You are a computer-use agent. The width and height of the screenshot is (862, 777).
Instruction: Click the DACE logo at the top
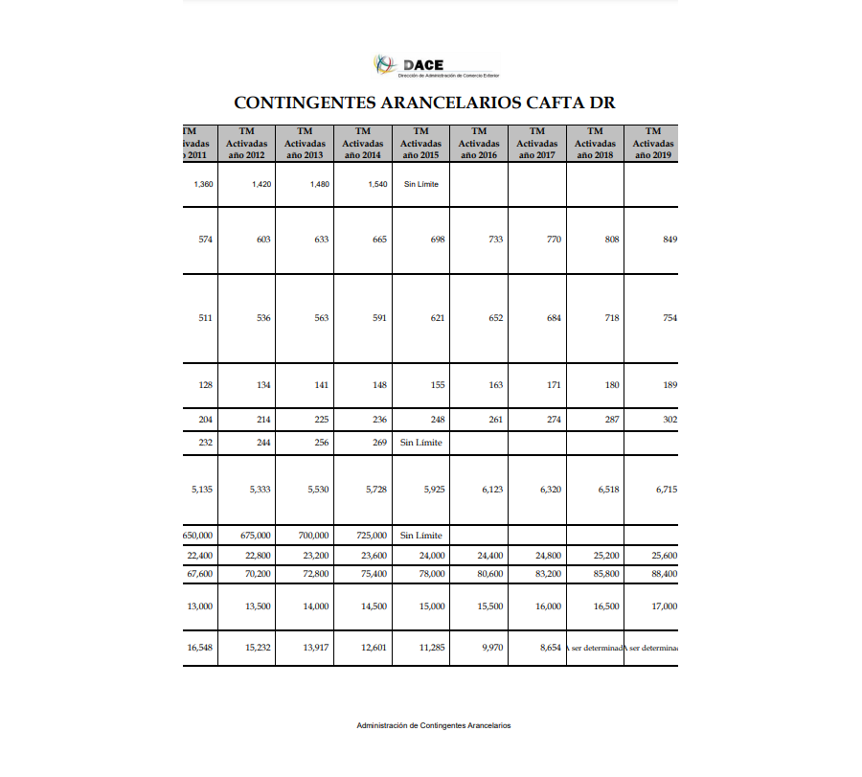click(436, 66)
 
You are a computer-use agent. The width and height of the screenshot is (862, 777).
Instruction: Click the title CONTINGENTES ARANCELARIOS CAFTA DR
click(424, 103)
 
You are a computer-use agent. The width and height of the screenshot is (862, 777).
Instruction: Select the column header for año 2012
click(246, 143)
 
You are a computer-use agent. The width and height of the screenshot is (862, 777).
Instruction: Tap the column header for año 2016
click(479, 143)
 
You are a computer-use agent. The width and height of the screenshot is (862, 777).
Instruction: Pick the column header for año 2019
click(653, 143)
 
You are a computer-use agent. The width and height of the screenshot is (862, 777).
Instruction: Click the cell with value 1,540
click(377, 184)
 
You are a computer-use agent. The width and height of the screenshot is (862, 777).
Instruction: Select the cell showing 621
click(436, 318)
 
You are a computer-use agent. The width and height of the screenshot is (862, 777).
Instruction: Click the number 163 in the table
click(495, 385)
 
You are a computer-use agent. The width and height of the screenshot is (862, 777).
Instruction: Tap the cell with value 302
click(669, 420)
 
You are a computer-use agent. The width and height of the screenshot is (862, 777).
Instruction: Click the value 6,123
click(490, 490)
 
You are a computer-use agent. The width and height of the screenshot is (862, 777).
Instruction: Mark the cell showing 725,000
click(371, 536)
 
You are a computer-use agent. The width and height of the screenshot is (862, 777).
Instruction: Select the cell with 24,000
click(431, 555)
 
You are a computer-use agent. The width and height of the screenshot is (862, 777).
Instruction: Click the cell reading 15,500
click(488, 606)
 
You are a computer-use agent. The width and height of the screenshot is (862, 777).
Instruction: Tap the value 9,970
click(491, 648)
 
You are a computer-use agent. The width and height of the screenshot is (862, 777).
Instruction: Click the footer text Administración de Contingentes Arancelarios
click(433, 726)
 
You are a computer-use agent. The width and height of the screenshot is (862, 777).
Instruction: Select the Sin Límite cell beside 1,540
click(420, 184)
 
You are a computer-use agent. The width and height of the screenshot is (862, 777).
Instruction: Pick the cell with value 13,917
click(316, 648)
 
